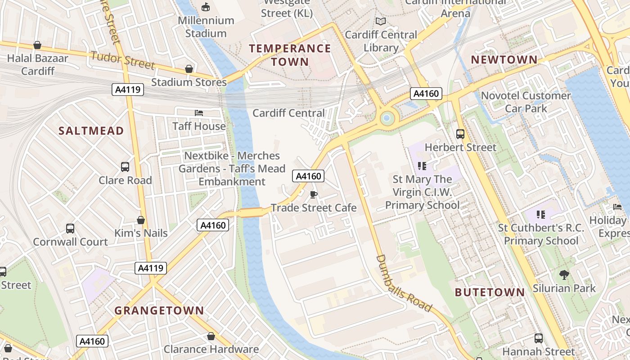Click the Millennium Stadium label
[206, 27]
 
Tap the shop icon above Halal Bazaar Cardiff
[37, 45]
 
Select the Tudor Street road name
[122, 60]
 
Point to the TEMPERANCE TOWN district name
[290, 55]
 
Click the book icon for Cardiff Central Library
[381, 22]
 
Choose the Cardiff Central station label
[288, 113]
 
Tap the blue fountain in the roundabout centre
[387, 119]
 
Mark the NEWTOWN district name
[504, 60]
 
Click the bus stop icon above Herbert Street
[460, 134]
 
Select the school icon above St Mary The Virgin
[422, 166]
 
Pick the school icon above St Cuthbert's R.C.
[540, 214]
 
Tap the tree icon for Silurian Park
[564, 274]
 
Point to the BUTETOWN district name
[490, 292]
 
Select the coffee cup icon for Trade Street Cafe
[314, 194]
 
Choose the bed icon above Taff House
[199, 112]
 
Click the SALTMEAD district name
[91, 131]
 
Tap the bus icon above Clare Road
[125, 167]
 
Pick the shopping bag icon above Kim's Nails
[141, 220]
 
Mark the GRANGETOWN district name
[159, 310]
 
